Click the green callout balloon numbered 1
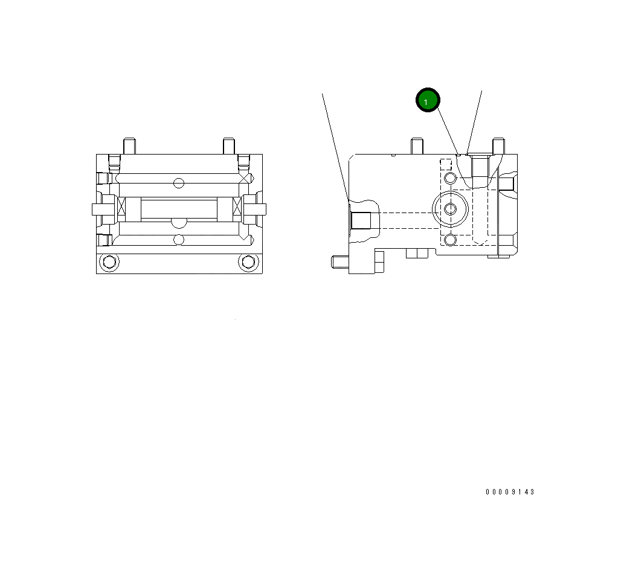click(428, 101)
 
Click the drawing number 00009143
click(510, 492)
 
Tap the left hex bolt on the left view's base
click(109, 262)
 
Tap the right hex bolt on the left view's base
click(247, 262)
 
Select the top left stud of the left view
click(129, 146)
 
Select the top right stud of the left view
click(228, 146)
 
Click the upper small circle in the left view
click(178, 183)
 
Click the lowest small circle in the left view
click(178, 240)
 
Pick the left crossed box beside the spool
click(121, 209)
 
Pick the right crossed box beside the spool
click(237, 209)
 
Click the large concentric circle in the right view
click(451, 209)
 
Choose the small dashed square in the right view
click(446, 164)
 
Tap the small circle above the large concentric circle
click(451, 178)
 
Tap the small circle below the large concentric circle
click(451, 240)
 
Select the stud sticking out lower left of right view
click(339, 263)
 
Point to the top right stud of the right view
click(498, 146)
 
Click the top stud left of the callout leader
click(416, 146)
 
